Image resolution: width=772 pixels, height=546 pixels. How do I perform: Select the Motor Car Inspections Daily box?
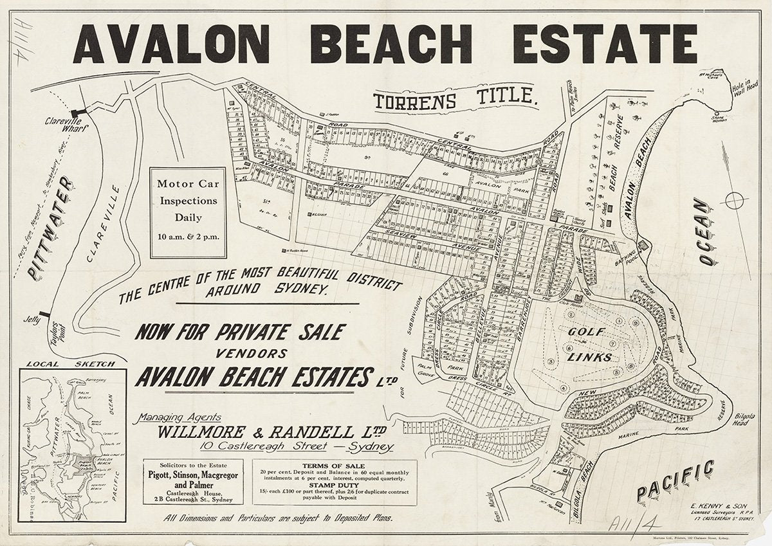coord(188,210)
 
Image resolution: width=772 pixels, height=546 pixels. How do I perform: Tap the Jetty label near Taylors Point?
coord(30,318)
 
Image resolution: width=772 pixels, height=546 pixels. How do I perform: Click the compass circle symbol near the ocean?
coord(734,201)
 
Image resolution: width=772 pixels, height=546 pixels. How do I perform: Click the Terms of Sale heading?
coord(335,464)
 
